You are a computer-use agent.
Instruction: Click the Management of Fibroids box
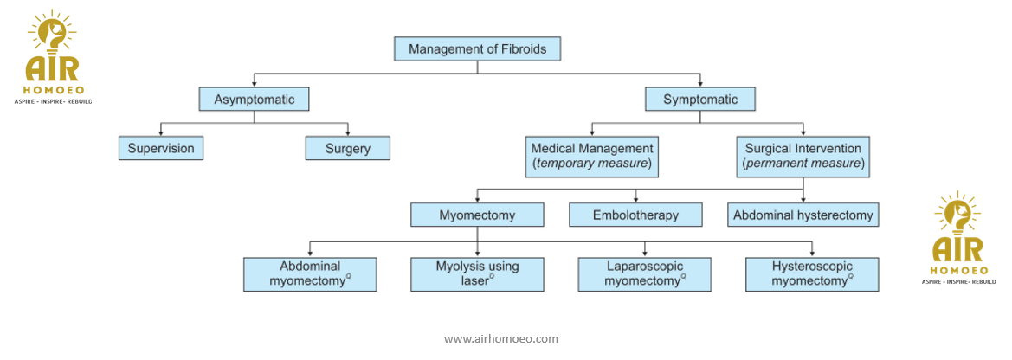(477, 49)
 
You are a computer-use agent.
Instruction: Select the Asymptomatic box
(254, 100)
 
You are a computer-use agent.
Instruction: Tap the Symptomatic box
(699, 100)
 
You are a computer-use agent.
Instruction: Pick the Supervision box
(161, 149)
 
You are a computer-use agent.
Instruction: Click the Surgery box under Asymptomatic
(347, 149)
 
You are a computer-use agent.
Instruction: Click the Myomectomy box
(477, 215)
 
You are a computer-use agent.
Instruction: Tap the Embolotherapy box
(635, 215)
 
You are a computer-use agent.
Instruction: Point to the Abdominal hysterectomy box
(803, 215)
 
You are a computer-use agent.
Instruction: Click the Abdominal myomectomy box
(310, 273)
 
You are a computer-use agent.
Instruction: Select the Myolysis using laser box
(477, 273)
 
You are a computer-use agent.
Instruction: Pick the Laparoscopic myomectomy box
(644, 273)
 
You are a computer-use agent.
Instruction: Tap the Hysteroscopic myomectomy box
(811, 273)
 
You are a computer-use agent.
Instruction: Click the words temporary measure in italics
(592, 164)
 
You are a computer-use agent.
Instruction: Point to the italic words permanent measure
(803, 164)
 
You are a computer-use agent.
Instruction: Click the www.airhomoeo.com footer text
(500, 338)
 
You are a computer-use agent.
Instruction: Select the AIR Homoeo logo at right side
(957, 239)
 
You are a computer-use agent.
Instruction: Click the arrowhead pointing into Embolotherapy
(636, 200)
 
